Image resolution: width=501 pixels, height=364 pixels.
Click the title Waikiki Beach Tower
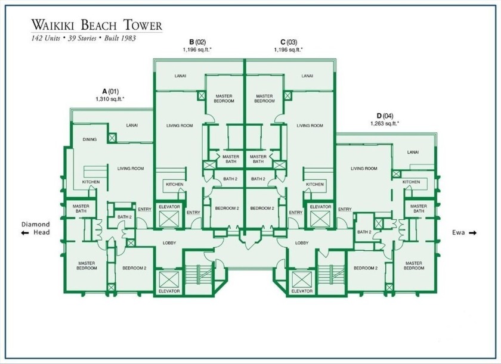pyautogui.click(x=97, y=25)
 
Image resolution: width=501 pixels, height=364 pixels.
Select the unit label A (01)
pyautogui.click(x=110, y=92)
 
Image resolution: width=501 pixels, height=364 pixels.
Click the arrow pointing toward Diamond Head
pyautogui.click(x=25, y=233)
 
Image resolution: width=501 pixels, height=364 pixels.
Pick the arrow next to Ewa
pyautogui.click(x=472, y=233)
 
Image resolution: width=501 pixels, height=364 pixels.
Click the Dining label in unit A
pyautogui.click(x=89, y=139)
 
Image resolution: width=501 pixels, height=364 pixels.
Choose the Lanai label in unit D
pyautogui.click(x=413, y=153)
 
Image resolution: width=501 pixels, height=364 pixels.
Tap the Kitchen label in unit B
pyautogui.click(x=174, y=185)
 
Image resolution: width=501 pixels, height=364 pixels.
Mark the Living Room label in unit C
pyautogui.click(x=310, y=126)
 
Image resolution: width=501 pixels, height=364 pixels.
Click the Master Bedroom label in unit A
pyautogui.click(x=86, y=266)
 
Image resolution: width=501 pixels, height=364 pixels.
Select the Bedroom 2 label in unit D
pyautogui.click(x=366, y=268)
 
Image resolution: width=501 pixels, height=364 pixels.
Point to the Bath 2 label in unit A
pyautogui.click(x=125, y=217)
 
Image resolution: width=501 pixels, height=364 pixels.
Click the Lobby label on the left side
pyautogui.click(x=169, y=243)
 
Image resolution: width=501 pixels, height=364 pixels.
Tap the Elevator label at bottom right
pyautogui.click(x=302, y=291)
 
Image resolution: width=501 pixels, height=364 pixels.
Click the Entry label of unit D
pyautogui.click(x=345, y=209)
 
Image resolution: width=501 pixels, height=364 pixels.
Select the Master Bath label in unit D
pyautogui.click(x=419, y=209)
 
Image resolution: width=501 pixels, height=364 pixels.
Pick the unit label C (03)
pyautogui.click(x=289, y=42)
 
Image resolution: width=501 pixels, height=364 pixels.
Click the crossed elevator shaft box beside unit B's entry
pyautogui.click(x=169, y=219)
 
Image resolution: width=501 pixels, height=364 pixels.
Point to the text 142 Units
pyautogui.click(x=45, y=38)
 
